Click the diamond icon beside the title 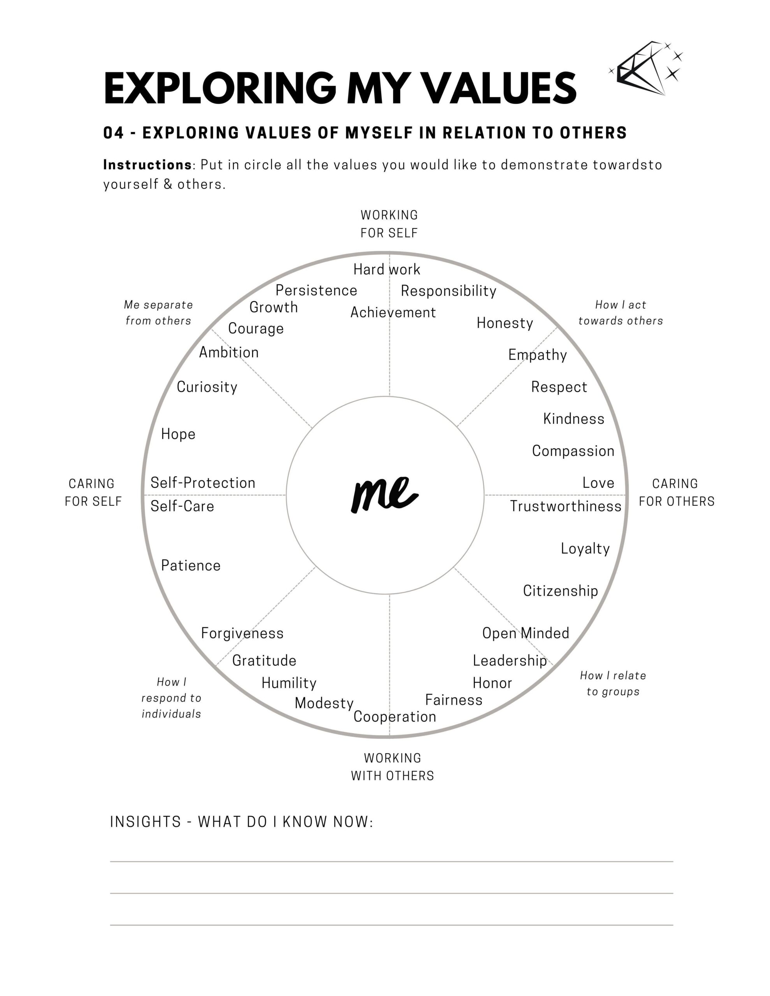(x=646, y=68)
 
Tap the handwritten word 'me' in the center (x=384, y=495)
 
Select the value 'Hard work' (x=387, y=270)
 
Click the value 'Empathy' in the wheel (x=538, y=355)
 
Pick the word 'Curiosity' (x=207, y=387)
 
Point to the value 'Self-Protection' (x=203, y=482)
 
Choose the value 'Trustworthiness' (x=566, y=506)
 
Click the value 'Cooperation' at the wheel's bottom (x=395, y=717)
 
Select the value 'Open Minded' (x=526, y=633)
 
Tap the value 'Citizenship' (x=561, y=591)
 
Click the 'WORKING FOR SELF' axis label (x=389, y=224)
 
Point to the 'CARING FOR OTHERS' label (x=677, y=493)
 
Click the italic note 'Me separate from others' (x=158, y=313)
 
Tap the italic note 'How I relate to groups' (x=613, y=684)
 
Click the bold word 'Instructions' (x=148, y=165)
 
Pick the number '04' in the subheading (x=114, y=133)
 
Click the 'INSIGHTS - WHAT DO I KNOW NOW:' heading (x=241, y=822)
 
